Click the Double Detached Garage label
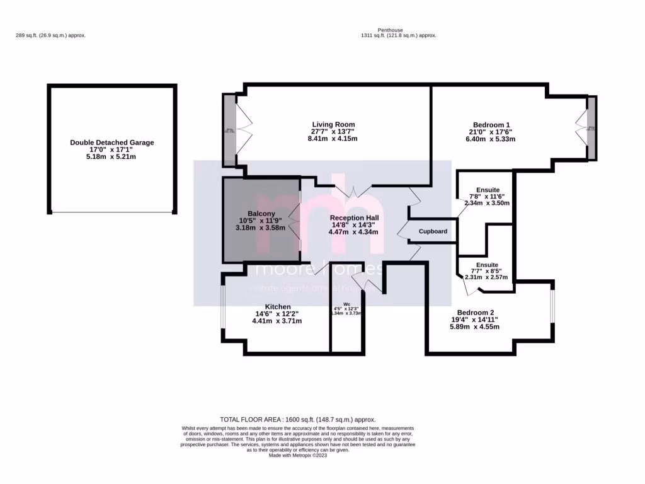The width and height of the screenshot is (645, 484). coord(111,142)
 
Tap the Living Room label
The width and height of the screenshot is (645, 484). coord(333,124)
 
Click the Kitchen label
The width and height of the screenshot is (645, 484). coord(277,306)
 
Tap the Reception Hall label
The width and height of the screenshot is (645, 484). coord(354,217)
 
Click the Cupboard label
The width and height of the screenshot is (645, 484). coord(433,231)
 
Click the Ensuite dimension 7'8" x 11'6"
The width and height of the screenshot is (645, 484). coord(488,196)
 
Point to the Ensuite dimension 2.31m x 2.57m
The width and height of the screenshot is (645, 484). coord(488,277)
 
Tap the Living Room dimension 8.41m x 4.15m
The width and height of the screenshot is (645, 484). coord(333,139)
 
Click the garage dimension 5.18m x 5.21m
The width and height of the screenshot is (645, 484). coord(111,156)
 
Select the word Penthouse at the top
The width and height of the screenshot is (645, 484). coord(390,30)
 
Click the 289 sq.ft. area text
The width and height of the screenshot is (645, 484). coord(50,35)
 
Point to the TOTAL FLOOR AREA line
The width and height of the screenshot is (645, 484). coord(297,419)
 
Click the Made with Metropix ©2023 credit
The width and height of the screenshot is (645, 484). coord(297,456)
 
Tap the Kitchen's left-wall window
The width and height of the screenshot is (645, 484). coord(222,308)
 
